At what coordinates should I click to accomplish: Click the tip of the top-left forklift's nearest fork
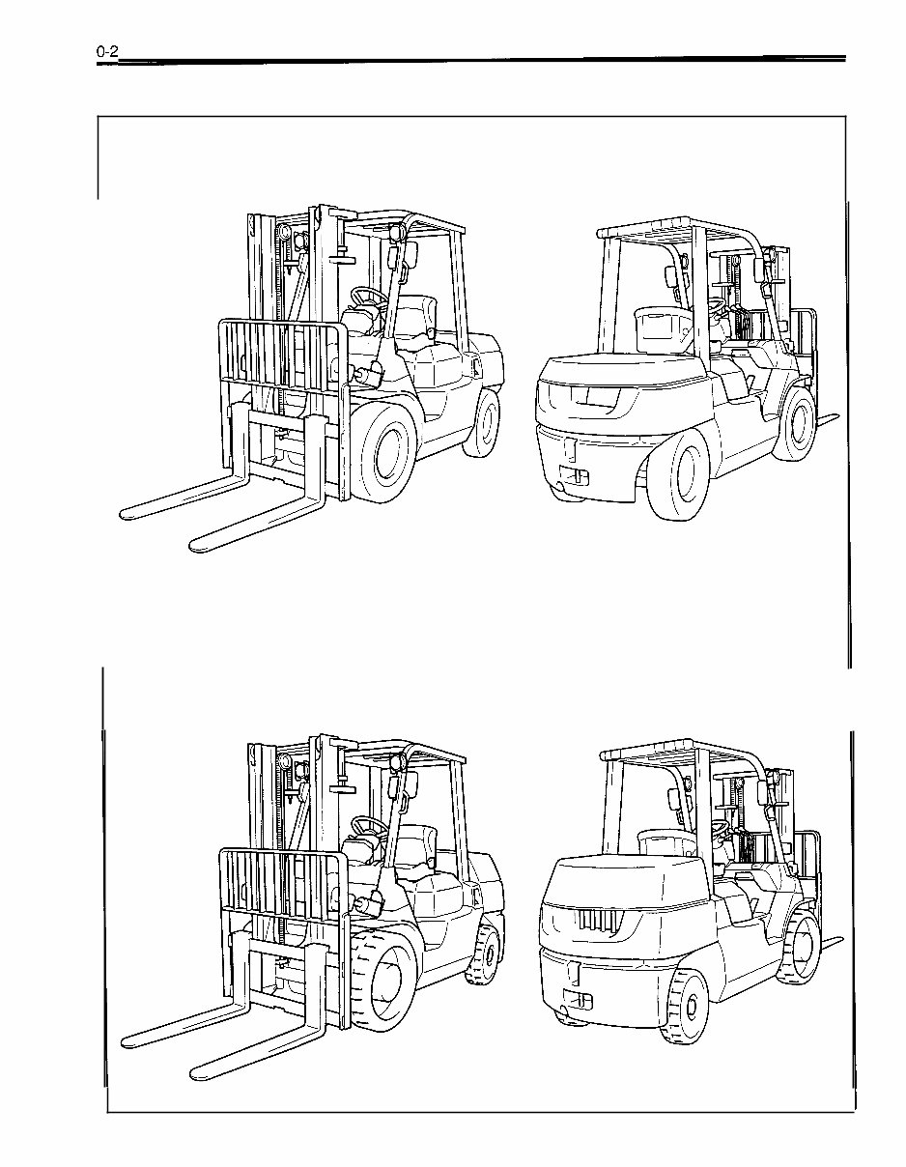pyautogui.click(x=197, y=545)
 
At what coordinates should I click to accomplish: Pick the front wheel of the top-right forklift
pyautogui.click(x=800, y=421)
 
